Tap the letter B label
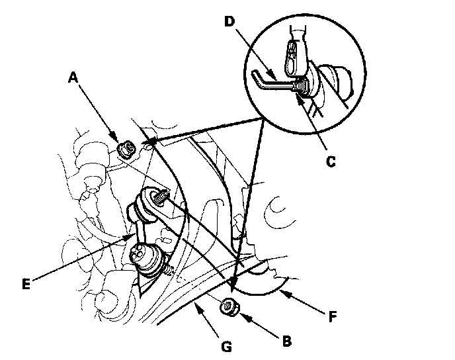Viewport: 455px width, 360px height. (286, 341)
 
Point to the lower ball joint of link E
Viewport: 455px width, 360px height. (147, 259)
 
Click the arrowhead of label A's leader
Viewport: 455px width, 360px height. (119, 140)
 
